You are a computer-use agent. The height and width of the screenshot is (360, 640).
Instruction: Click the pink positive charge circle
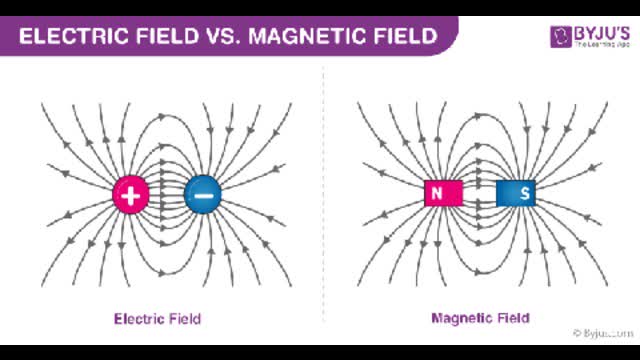(x=130, y=195)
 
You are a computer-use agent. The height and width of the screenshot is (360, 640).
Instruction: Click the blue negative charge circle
(x=202, y=195)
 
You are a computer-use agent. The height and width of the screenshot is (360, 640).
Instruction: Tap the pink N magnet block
(x=438, y=193)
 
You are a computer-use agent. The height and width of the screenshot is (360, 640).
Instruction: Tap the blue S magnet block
(x=516, y=193)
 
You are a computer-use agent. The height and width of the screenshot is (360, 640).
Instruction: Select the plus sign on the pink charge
(x=130, y=195)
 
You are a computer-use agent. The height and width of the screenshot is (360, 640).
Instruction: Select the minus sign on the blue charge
(x=202, y=195)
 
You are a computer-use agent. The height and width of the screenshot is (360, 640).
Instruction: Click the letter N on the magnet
(x=438, y=193)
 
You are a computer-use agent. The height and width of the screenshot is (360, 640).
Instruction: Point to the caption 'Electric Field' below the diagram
(x=157, y=319)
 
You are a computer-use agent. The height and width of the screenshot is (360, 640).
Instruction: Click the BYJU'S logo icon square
(x=559, y=37)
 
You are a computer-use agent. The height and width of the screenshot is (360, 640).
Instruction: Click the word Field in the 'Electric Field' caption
(x=183, y=319)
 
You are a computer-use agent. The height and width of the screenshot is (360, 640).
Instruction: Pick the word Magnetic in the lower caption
(x=463, y=319)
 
